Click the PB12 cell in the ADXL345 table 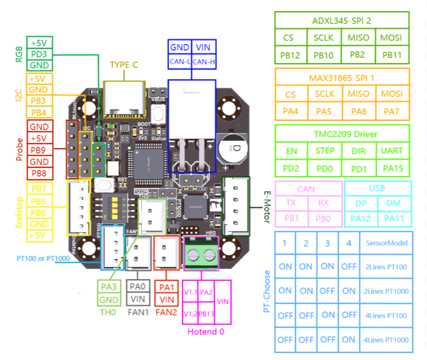point(291,54)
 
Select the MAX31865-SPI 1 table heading point(342,78)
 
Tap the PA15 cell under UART point(392,169)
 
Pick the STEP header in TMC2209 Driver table point(325,151)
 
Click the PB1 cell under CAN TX point(291,218)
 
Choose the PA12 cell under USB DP point(360,218)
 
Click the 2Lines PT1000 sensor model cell point(386,291)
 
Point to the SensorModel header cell point(386,243)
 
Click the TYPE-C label point(124,65)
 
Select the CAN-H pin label point(203,61)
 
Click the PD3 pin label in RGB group point(40,54)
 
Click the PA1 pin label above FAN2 point(166,287)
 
